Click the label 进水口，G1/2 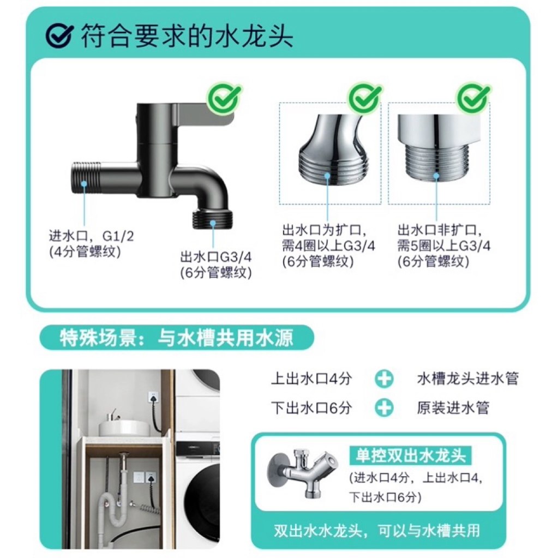(91, 236)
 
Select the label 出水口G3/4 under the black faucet (216, 257)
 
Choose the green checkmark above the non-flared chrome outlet (473, 99)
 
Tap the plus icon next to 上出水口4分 (385, 379)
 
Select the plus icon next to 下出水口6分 (385, 407)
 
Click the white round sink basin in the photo (125, 427)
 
